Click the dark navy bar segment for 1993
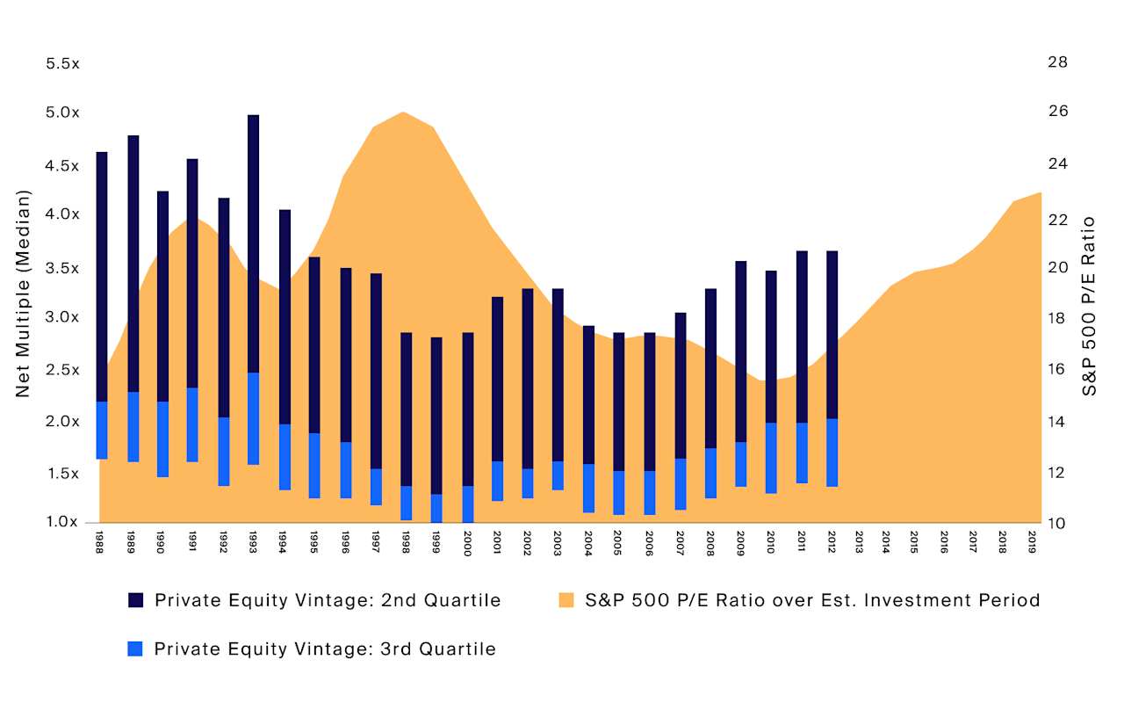pos(254,243)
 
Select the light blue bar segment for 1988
pos(102,430)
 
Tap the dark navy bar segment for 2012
pos(832,335)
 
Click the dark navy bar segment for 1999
pos(436,416)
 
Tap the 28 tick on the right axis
pos(1057,62)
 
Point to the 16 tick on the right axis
pos(1057,369)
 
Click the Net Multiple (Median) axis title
pos(24,293)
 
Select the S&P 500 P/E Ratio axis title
pos(1090,305)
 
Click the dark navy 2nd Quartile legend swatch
pos(135,600)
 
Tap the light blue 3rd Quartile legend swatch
pos(135,649)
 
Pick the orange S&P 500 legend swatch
pos(566,600)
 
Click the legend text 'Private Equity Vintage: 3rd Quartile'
pos(325,649)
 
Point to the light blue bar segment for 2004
pos(589,488)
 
